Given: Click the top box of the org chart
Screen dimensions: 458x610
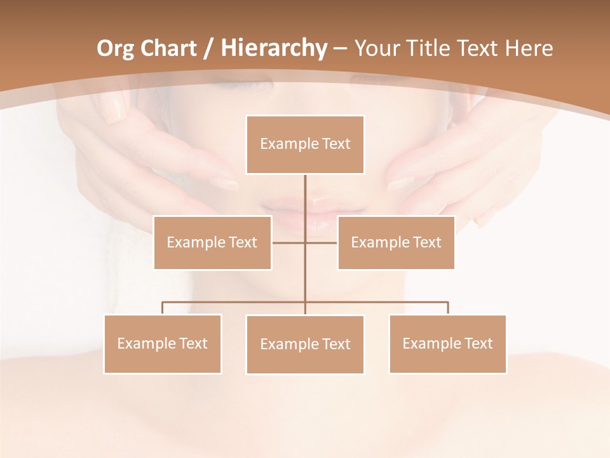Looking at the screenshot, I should tap(305, 144).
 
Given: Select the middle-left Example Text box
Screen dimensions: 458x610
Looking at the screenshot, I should tap(212, 242).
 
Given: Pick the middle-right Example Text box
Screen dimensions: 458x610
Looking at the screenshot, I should tap(396, 242).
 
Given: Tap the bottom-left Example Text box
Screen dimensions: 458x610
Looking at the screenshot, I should tap(163, 343).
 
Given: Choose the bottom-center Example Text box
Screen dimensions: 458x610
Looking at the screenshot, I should tap(305, 344).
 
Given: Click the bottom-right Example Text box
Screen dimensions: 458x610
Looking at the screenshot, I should tap(447, 343).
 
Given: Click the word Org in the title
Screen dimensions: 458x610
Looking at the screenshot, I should tap(115, 48).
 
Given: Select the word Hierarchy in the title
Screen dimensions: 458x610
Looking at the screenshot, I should tap(273, 48).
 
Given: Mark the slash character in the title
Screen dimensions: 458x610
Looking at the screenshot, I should tap(208, 48).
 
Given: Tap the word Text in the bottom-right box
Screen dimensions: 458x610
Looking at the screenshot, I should tap(478, 343).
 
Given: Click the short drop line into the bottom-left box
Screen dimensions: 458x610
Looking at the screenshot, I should tap(163, 308).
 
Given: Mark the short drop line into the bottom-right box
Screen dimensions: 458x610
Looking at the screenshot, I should tap(448, 308).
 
